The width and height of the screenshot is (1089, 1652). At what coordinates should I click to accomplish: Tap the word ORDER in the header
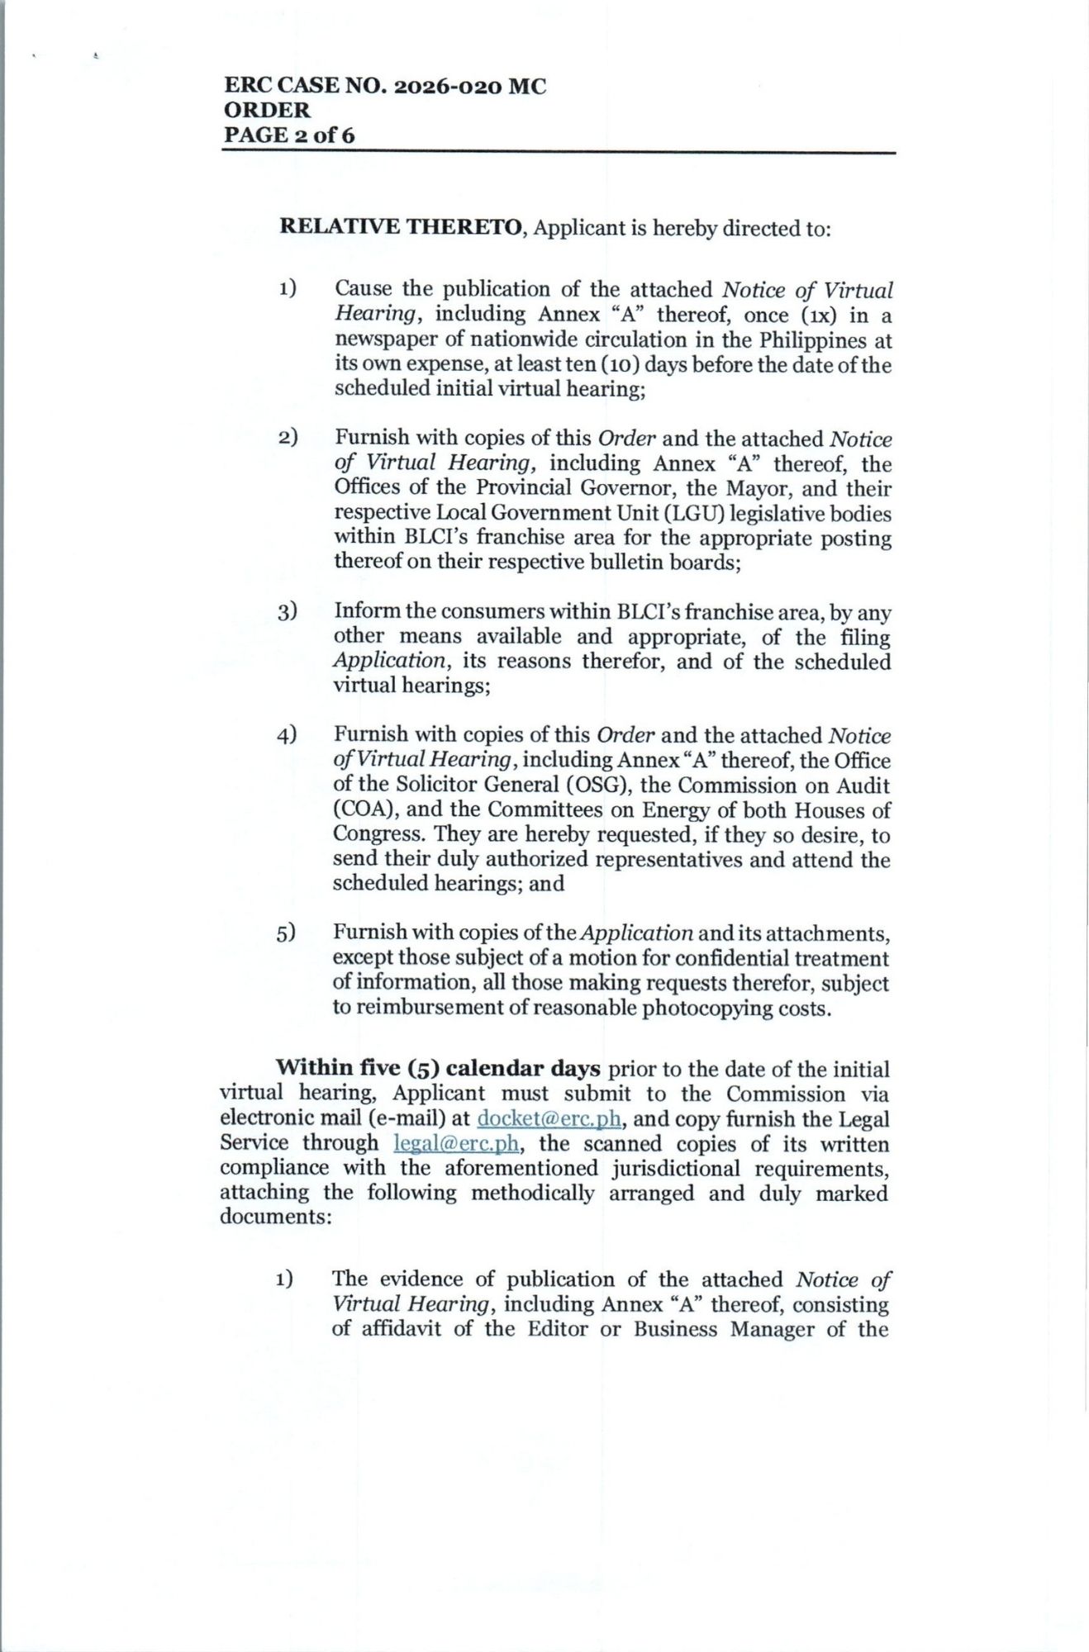point(267,111)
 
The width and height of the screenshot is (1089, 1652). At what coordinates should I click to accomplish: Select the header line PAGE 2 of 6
point(288,135)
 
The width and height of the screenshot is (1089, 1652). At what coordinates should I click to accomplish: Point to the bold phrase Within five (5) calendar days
point(438,1069)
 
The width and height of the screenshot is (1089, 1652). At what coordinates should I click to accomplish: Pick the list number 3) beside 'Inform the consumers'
point(287,612)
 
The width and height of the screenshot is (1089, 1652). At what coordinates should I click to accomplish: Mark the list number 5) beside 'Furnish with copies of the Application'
point(286,933)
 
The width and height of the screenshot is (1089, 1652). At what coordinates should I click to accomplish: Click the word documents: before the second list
point(276,1217)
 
